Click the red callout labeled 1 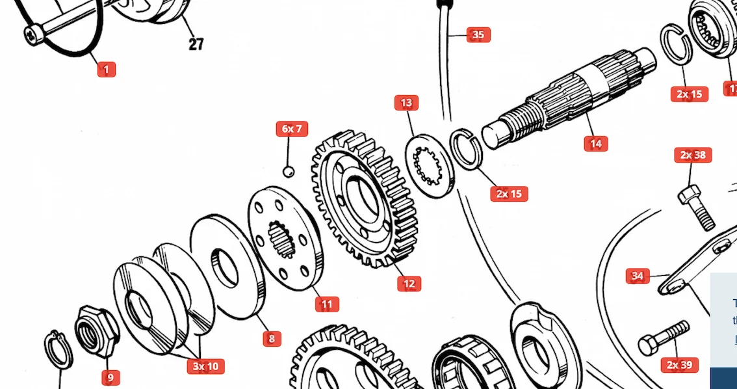pos(107,69)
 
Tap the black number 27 pos(196,44)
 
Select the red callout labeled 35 pos(478,34)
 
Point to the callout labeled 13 pos(406,103)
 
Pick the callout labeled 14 pos(595,143)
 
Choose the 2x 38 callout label pos(693,155)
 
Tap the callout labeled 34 pos(638,276)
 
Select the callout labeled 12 pos(409,284)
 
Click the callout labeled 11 pos(327,304)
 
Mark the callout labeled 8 pos(272,338)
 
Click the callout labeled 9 pos(110,377)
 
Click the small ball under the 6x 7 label pos(289,172)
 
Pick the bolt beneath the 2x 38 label pos(695,206)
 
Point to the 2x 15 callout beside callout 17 pos(690,94)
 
